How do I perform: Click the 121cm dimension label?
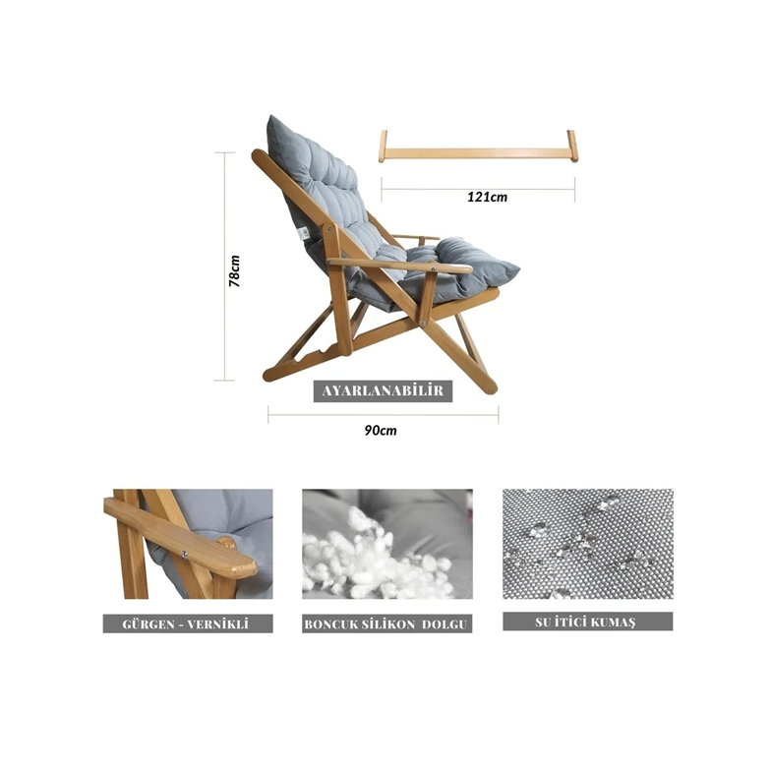pyautogui.click(x=487, y=197)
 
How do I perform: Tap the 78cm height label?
pyautogui.click(x=234, y=271)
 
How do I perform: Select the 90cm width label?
pyautogui.click(x=381, y=431)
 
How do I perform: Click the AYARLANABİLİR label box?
pyautogui.click(x=383, y=391)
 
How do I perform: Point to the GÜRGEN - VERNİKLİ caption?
pyautogui.click(x=187, y=623)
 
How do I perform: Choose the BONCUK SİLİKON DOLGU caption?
pyautogui.click(x=387, y=623)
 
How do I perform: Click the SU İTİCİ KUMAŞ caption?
pyautogui.click(x=588, y=622)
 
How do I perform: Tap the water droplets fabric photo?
pyautogui.click(x=588, y=544)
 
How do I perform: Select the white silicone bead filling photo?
pyautogui.click(x=387, y=544)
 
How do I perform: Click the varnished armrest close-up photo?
pyautogui.click(x=188, y=544)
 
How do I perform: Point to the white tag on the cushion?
pyautogui.click(x=304, y=234)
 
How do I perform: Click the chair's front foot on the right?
pyautogui.click(x=490, y=389)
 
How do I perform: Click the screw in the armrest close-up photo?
pyautogui.click(x=185, y=555)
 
